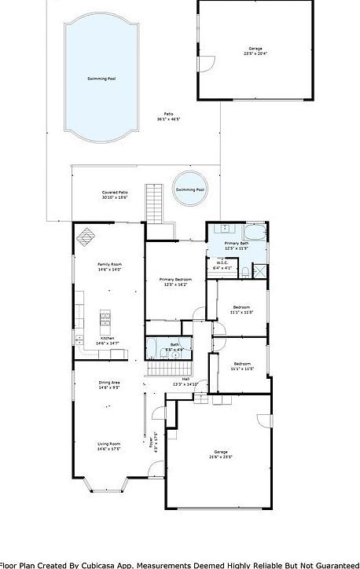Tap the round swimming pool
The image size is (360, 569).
[x=190, y=189]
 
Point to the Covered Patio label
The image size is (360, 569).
[x=115, y=193]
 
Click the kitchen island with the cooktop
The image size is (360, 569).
[x=104, y=320]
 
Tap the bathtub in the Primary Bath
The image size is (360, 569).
[x=255, y=233]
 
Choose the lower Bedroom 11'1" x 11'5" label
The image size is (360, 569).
[x=242, y=367]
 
